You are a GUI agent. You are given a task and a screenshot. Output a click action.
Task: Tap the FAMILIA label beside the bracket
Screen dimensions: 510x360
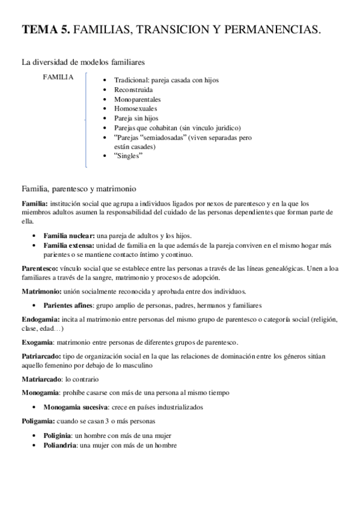point(58,77)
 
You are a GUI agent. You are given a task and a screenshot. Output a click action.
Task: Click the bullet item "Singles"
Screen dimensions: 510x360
point(127,156)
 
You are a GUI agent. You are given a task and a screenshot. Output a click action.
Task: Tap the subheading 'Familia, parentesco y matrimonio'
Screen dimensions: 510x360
point(79,188)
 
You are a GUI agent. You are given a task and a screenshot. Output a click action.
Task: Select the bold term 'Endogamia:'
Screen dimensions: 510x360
point(40,319)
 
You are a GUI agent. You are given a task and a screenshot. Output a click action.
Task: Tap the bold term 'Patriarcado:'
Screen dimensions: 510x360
point(40,356)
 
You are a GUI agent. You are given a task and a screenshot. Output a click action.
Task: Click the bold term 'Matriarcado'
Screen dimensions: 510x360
point(40,379)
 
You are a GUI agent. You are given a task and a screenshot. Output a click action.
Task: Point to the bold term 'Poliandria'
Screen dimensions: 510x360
point(60,445)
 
